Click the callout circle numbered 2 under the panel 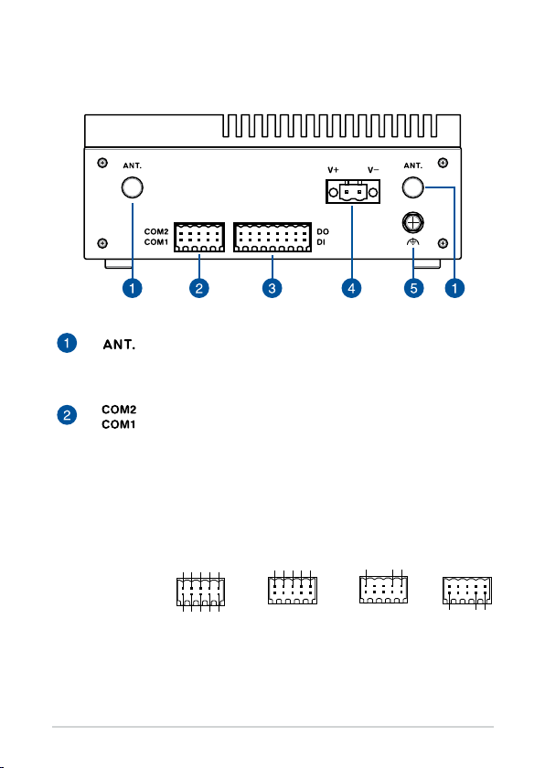pyautogui.click(x=198, y=288)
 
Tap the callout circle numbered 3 pyautogui.click(x=272, y=288)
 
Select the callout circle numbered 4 pyautogui.click(x=351, y=288)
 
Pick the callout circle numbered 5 pyautogui.click(x=413, y=288)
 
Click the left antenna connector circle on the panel pyautogui.click(x=133, y=187)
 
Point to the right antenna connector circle pyautogui.click(x=412, y=187)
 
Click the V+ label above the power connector pyautogui.click(x=333, y=170)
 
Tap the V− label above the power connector pyautogui.click(x=373, y=170)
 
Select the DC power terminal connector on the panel pyautogui.click(x=353, y=191)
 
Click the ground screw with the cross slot pyautogui.click(x=412, y=223)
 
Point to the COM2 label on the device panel pyautogui.click(x=156, y=231)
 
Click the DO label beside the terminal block pyautogui.click(x=323, y=231)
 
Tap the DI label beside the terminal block pyautogui.click(x=321, y=242)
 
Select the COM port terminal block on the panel pyautogui.click(x=199, y=238)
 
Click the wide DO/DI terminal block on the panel pyautogui.click(x=272, y=238)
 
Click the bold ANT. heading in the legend pyautogui.click(x=119, y=345)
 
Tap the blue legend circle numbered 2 pyautogui.click(x=67, y=415)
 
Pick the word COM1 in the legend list pyautogui.click(x=119, y=424)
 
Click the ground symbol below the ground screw pyautogui.click(x=412, y=242)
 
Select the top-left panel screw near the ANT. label pyautogui.click(x=102, y=163)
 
